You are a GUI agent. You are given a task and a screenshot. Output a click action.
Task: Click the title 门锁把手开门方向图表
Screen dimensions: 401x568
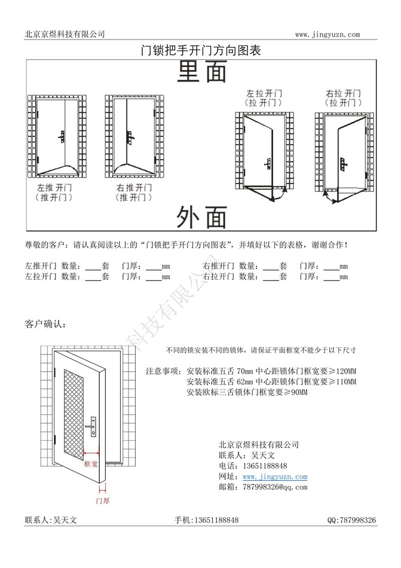[x=201, y=50]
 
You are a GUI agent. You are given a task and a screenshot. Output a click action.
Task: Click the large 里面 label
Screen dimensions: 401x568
[x=202, y=71]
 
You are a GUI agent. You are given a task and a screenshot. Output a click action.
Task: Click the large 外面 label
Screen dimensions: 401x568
[x=202, y=217]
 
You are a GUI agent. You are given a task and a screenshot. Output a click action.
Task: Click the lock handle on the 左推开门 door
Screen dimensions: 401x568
[x=62, y=137]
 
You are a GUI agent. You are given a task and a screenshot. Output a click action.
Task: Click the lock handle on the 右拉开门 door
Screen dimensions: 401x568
[x=343, y=164]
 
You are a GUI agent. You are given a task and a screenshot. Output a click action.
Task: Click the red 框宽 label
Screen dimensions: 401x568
[x=91, y=464]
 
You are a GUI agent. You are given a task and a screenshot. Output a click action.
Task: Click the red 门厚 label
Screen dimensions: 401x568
[x=102, y=500]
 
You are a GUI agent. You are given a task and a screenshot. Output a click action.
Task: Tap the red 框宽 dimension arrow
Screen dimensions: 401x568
[x=91, y=453]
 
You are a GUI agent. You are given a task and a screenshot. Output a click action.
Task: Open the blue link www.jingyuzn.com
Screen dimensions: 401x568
[x=275, y=477]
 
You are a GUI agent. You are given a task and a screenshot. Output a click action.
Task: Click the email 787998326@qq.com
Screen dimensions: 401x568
[x=275, y=487]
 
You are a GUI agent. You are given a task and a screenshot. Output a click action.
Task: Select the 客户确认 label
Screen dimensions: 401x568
[x=45, y=324]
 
